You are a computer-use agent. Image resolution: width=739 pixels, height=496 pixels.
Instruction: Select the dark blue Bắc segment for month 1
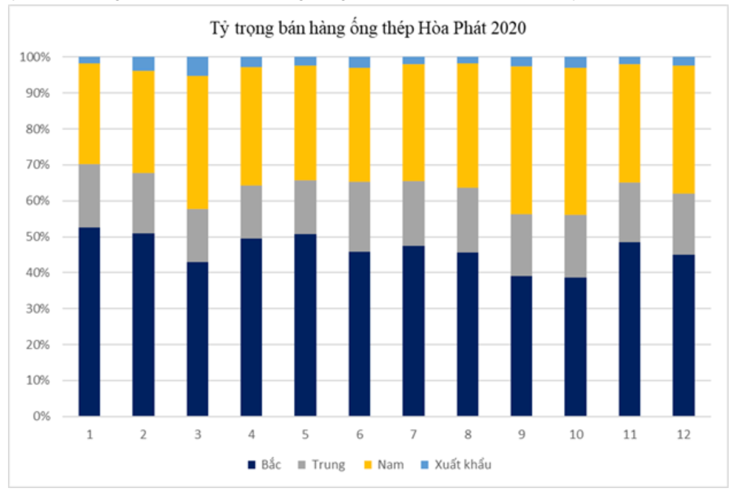[x=89, y=321]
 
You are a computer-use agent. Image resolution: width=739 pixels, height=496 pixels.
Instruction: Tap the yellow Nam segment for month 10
[x=576, y=141]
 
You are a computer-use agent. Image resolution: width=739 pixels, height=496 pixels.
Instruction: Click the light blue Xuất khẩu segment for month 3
[x=198, y=66]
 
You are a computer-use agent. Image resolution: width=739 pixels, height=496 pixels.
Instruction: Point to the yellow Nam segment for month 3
[x=198, y=142]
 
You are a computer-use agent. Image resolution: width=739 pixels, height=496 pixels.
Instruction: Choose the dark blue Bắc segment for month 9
[x=522, y=346]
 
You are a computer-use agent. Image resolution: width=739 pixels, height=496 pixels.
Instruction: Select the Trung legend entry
[x=321, y=465]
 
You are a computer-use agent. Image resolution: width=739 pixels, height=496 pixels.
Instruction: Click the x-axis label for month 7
[x=414, y=434]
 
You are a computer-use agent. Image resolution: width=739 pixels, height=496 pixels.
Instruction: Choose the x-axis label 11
[x=629, y=434]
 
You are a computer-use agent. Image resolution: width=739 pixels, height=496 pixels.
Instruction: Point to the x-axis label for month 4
[x=251, y=434]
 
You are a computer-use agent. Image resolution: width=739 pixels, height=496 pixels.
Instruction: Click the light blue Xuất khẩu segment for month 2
[x=143, y=63]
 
